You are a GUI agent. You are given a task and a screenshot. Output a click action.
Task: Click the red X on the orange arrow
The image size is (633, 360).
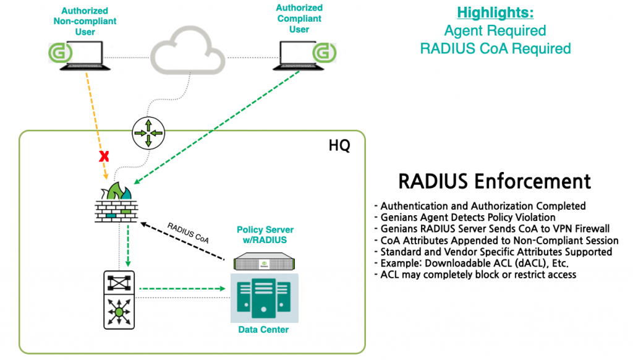click(x=104, y=156)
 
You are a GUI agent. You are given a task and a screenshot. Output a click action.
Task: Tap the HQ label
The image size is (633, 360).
click(x=339, y=146)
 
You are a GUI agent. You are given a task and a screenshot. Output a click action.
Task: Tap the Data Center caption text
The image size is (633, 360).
click(x=263, y=330)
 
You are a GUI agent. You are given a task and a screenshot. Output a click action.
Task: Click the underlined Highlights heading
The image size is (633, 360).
click(x=495, y=12)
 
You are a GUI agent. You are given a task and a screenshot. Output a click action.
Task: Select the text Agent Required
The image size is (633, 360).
click(x=495, y=30)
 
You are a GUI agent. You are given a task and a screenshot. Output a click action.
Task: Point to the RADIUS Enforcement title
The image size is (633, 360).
click(x=495, y=181)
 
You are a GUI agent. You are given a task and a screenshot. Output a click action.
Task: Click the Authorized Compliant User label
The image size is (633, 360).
click(x=299, y=19)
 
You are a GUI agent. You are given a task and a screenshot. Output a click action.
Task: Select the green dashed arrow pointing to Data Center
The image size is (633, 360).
click(x=182, y=288)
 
